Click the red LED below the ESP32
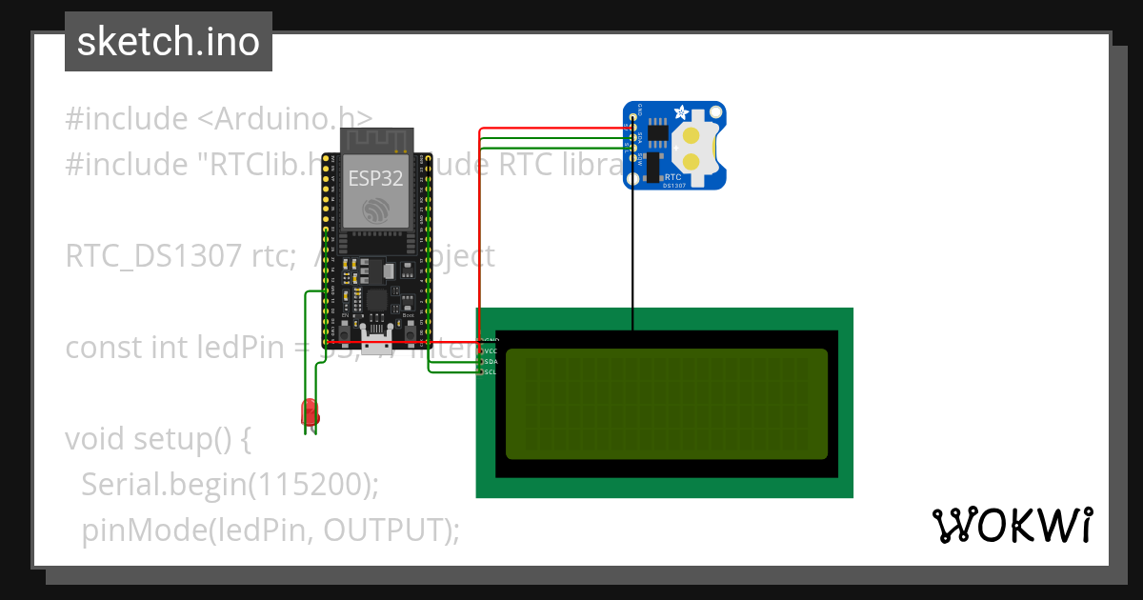click(310, 412)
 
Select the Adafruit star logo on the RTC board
click(682, 112)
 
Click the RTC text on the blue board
click(672, 176)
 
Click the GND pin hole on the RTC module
click(632, 117)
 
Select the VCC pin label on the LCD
click(491, 350)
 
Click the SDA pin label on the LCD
click(491, 361)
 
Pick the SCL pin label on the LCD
click(491, 371)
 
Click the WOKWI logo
click(1011, 525)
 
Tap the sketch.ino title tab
click(169, 42)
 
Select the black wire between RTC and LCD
click(632, 257)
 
